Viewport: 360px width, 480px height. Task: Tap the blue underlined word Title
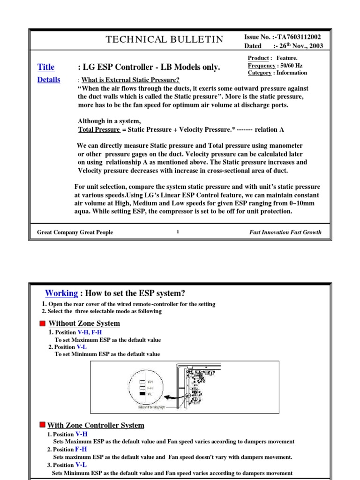(x=46, y=67)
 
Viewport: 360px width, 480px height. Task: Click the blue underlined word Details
(x=49, y=80)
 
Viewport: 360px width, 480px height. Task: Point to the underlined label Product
(x=258, y=58)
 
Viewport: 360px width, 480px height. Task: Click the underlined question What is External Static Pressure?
(x=130, y=80)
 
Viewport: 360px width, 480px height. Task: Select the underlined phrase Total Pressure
(x=98, y=129)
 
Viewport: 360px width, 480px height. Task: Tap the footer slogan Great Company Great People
(x=75, y=232)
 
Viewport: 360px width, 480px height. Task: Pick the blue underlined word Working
(x=61, y=293)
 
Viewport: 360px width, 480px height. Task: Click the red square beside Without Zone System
(x=42, y=323)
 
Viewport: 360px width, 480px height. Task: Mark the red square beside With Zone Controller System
(x=42, y=425)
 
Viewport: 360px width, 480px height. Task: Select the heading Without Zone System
(x=84, y=323)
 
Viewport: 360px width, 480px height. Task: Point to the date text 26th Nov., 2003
(x=300, y=46)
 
